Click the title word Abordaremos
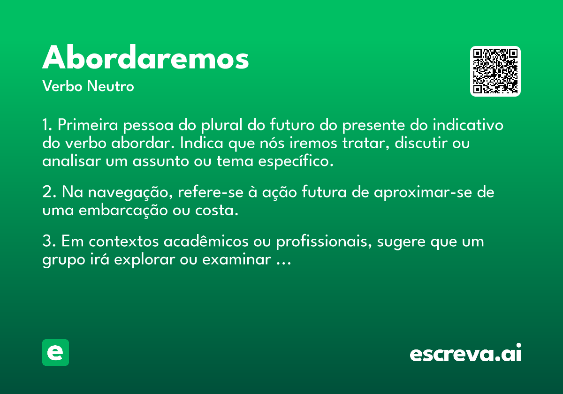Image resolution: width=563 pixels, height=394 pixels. pyautogui.click(x=145, y=57)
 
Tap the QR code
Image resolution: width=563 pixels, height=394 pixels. pyautogui.click(x=495, y=71)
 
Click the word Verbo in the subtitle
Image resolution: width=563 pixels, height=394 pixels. pyautogui.click(x=62, y=86)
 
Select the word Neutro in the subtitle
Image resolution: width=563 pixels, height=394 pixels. pyautogui.click(x=110, y=86)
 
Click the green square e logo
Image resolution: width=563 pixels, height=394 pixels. pyautogui.click(x=55, y=352)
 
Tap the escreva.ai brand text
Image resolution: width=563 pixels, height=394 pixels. pyautogui.click(x=465, y=353)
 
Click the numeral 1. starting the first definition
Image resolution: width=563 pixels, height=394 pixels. pyautogui.click(x=47, y=125)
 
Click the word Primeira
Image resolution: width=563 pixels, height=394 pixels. pyautogui.click(x=88, y=125)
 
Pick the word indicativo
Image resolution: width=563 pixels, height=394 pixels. pyautogui.click(x=468, y=125)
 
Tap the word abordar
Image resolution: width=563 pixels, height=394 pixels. pyautogui.click(x=143, y=143)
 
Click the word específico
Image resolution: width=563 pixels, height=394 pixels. pyautogui.click(x=296, y=161)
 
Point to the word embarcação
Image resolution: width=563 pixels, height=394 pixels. pyautogui.click(x=123, y=211)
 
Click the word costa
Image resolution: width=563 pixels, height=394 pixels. pyautogui.click(x=217, y=211)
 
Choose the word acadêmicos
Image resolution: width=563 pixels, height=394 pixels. pyautogui.click(x=206, y=241)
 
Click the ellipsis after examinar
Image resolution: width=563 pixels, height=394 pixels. pyautogui.click(x=284, y=263)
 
